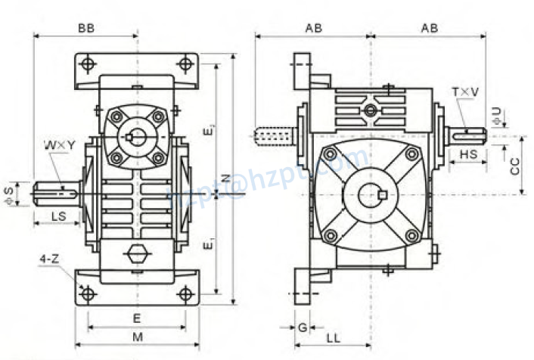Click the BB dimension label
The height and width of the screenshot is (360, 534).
pyautogui.click(x=85, y=28)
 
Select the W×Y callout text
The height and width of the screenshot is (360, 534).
pyautogui.click(x=58, y=144)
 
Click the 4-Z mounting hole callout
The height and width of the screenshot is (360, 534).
pyautogui.click(x=48, y=259)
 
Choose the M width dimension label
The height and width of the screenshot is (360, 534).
pyautogui.click(x=137, y=336)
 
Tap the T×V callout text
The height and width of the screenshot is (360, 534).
pyautogui.click(x=465, y=92)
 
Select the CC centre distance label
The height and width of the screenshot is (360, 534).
pyautogui.click(x=514, y=166)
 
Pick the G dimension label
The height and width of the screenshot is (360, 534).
pyautogui.click(x=302, y=328)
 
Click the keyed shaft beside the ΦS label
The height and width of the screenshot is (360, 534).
pyautogui.click(x=57, y=192)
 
